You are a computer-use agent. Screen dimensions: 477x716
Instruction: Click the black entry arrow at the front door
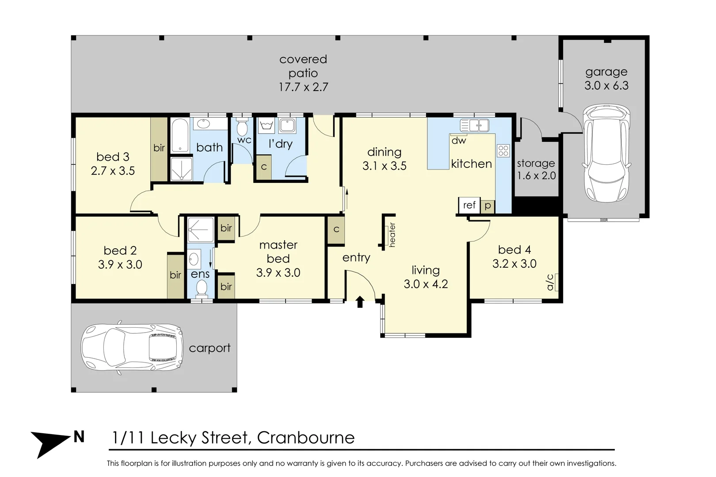click(360, 302)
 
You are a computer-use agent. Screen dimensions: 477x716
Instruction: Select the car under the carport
click(131, 348)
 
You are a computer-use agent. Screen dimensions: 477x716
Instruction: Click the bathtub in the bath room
click(180, 135)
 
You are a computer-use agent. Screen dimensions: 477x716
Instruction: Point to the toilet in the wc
click(242, 128)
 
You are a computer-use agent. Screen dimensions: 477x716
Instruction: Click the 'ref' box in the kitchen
click(469, 205)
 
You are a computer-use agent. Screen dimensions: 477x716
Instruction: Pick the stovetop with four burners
click(503, 151)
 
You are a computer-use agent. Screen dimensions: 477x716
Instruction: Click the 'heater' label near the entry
click(392, 235)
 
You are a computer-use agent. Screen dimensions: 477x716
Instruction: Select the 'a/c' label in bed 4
click(550, 282)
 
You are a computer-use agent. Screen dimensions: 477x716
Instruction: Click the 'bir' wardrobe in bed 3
click(159, 148)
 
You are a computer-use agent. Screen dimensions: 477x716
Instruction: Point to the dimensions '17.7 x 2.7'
click(303, 87)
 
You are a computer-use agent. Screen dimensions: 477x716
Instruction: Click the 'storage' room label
click(536, 163)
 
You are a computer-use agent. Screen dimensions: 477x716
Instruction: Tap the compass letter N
click(79, 437)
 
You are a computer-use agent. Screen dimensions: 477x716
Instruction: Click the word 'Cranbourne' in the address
click(306, 438)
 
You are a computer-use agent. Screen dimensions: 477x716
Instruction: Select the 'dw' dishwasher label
click(459, 140)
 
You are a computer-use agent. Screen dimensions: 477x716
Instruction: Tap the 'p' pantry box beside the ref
click(487, 206)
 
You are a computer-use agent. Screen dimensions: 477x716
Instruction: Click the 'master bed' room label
click(278, 252)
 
